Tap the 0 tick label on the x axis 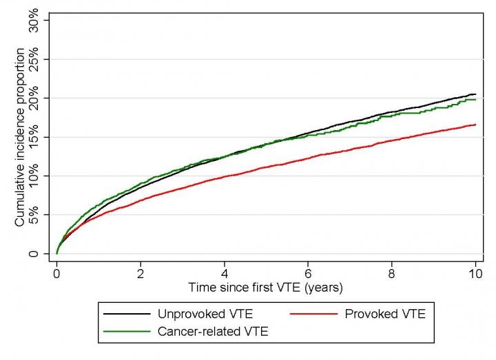point(56,272)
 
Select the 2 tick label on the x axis point(141,272)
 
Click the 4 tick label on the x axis point(224,272)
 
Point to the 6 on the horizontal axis point(308,272)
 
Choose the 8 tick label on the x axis point(391,272)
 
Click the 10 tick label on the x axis point(475,272)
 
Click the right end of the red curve point(475,125)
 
